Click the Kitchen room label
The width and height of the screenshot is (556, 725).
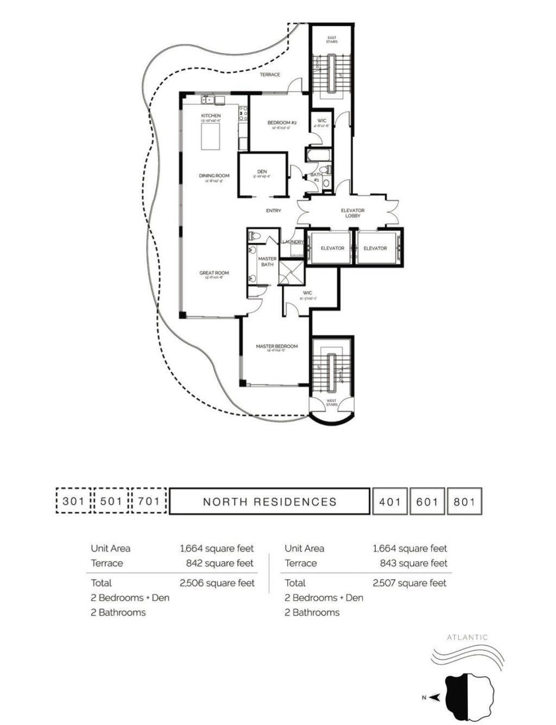pyautogui.click(x=211, y=116)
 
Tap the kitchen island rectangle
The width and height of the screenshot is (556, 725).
pyautogui.click(x=211, y=136)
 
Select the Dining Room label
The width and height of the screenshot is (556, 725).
pyautogui.click(x=214, y=176)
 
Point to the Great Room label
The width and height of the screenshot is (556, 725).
pyautogui.click(x=214, y=274)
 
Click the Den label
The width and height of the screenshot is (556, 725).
pyautogui.click(x=262, y=172)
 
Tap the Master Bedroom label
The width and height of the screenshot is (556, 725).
pyautogui.click(x=276, y=346)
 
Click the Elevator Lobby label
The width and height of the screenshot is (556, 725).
pyautogui.click(x=352, y=213)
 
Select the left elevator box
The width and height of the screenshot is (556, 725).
pyautogui.click(x=332, y=248)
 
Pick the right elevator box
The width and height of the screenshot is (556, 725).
pyautogui.click(x=375, y=248)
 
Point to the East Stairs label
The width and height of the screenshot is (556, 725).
pyautogui.click(x=332, y=40)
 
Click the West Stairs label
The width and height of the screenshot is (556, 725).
pyautogui.click(x=331, y=403)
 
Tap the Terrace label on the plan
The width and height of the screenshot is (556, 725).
pyautogui.click(x=270, y=74)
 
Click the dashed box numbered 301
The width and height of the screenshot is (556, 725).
pyautogui.click(x=73, y=501)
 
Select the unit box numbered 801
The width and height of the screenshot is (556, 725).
pyautogui.click(x=464, y=501)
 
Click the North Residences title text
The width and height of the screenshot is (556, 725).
pyautogui.click(x=269, y=502)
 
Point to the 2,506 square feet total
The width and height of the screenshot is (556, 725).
pyautogui.click(x=217, y=583)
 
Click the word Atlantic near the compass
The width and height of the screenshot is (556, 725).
pyautogui.click(x=467, y=638)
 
